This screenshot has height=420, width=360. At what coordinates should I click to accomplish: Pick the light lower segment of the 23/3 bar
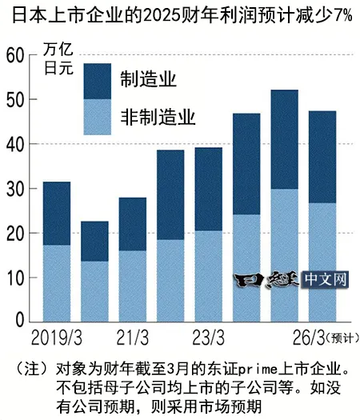(208, 276)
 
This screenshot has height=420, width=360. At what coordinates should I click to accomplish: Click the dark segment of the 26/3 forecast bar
(322, 157)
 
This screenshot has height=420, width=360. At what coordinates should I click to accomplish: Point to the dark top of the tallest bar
(285, 139)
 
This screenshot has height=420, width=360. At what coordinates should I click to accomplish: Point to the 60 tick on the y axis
(15, 55)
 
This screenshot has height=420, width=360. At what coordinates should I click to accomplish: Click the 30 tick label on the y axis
(15, 189)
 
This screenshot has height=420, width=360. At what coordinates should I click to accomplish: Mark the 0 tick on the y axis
(21, 321)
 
